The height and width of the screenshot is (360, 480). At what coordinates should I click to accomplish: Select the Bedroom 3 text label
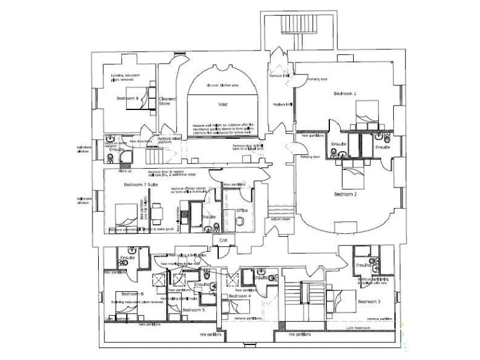coord(370,302)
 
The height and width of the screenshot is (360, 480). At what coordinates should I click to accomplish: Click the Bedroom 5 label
coord(193,309)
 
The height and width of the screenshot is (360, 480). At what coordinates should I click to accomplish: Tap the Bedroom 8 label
coord(127,98)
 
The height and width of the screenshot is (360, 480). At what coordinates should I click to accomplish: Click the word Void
coord(222,104)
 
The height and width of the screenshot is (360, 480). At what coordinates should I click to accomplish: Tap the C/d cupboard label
coord(221,239)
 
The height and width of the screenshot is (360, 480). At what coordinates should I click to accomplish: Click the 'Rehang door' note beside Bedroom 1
coord(318,79)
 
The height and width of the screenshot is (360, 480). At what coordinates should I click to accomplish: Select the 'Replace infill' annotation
coord(282,104)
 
